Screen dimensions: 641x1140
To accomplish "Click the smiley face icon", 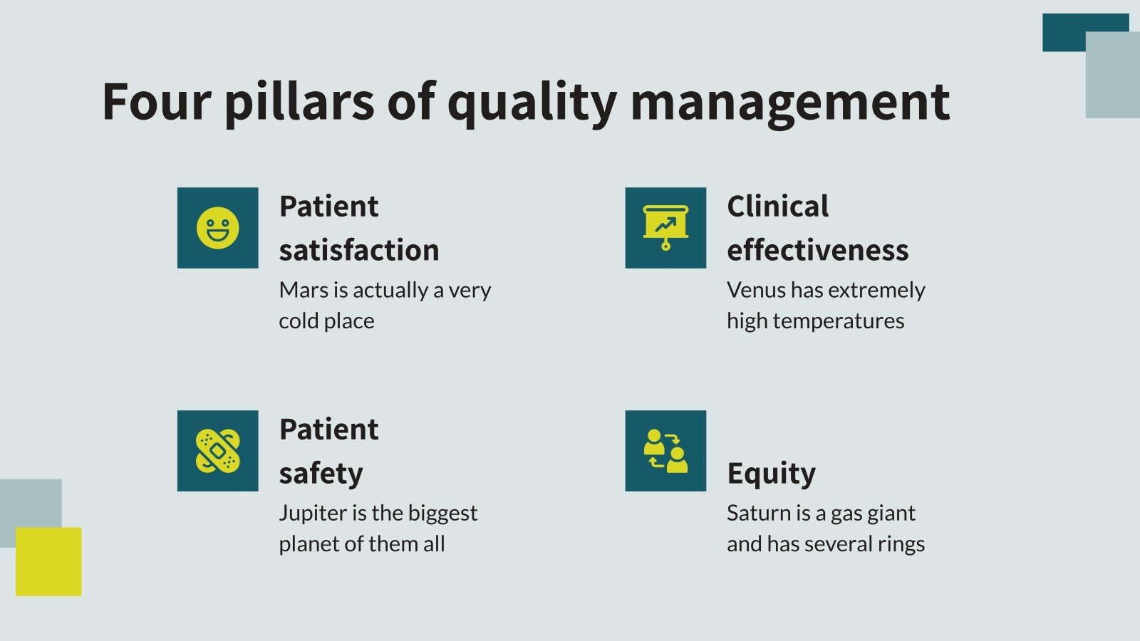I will [x=217, y=228].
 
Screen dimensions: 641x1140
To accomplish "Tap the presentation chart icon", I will [x=665, y=227].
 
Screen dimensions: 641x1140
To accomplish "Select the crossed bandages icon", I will [x=217, y=451].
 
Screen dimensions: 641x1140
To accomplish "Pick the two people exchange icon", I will [x=665, y=451].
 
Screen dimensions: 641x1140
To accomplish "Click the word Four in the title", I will [x=156, y=101].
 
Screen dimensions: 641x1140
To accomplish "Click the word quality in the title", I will [x=532, y=101].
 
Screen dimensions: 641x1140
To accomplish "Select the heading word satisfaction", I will [x=358, y=250].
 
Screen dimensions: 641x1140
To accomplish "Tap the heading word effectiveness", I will [x=817, y=250].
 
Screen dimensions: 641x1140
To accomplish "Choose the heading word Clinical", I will [x=777, y=207].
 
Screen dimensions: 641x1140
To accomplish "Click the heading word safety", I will [x=321, y=474].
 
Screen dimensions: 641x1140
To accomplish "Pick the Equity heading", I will [x=771, y=474].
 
